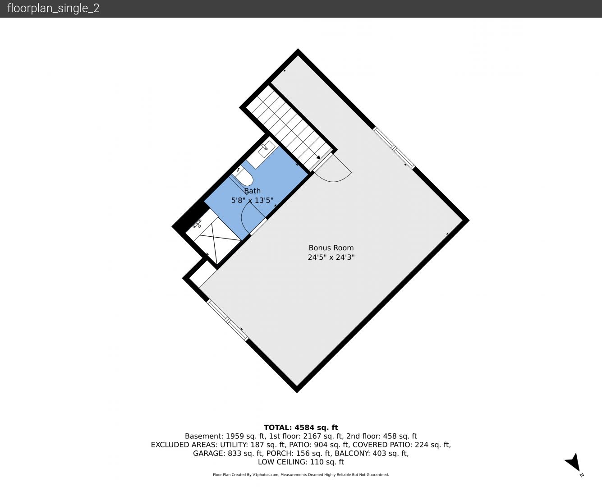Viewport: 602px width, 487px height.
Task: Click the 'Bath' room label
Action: point(252,191)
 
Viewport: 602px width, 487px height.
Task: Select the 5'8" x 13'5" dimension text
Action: point(252,200)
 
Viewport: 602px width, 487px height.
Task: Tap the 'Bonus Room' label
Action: point(331,248)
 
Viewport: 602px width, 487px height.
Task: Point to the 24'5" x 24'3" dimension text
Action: point(331,257)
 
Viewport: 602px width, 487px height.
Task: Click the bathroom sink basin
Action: point(267,149)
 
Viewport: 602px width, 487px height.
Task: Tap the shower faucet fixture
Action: point(197,224)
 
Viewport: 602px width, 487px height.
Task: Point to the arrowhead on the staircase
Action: point(318,157)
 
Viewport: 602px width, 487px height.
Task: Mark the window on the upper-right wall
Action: point(394,148)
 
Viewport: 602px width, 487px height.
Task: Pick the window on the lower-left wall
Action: point(228,320)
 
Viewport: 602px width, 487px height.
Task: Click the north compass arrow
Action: point(574,463)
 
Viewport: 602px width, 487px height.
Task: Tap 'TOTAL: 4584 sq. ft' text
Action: point(301,427)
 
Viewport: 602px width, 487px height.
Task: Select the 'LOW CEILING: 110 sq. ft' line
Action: point(301,462)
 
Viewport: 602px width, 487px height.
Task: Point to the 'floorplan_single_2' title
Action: point(53,9)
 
